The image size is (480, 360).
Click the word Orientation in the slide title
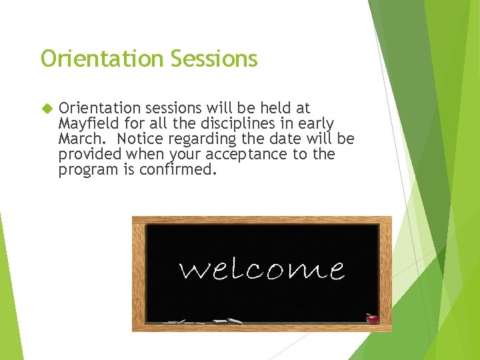tap(102, 59)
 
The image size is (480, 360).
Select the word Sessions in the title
tap(213, 59)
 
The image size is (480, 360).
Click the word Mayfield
tap(88, 124)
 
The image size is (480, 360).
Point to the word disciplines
tap(233, 123)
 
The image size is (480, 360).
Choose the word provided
tap(90, 154)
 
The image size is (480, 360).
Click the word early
tap(313, 123)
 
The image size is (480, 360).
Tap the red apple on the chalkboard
tap(372, 318)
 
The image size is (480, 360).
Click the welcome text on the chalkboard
tap(262, 269)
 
